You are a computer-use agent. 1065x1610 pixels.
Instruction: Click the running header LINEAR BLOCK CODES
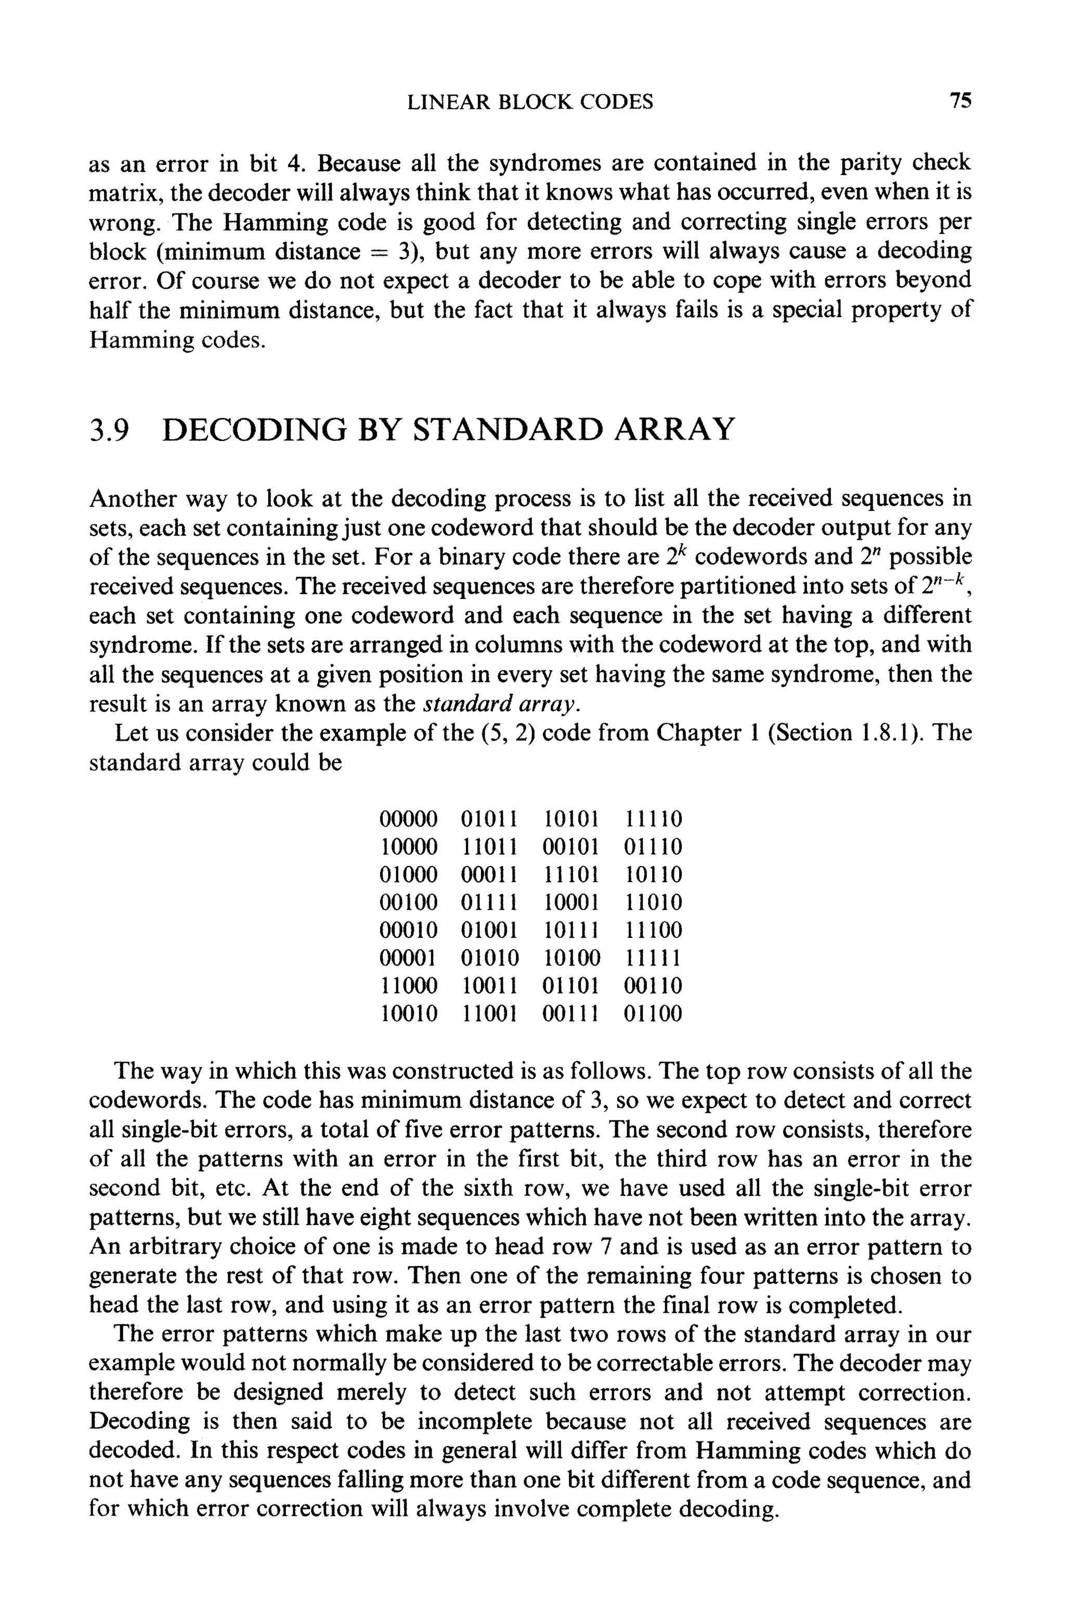click(x=530, y=102)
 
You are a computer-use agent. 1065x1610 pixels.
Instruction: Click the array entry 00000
click(x=408, y=819)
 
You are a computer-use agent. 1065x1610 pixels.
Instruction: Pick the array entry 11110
click(x=652, y=819)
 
